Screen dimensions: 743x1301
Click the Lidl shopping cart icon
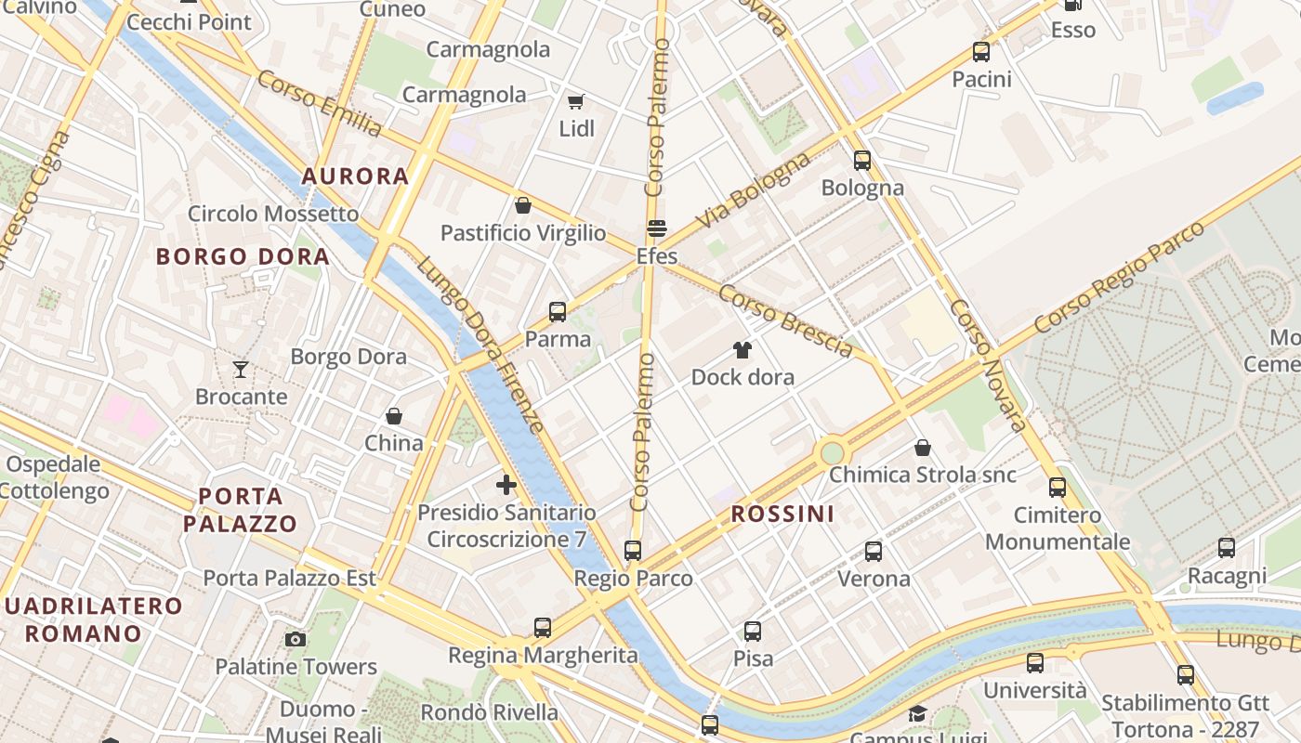[576, 100]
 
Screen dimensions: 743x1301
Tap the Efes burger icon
[657, 228]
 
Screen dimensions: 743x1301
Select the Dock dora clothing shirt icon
[742, 350]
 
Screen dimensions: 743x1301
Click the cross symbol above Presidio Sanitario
[506, 484]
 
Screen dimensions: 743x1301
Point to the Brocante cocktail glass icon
[241, 370]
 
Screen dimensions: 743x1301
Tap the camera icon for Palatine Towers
[296, 639]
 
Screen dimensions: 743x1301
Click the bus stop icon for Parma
[558, 312]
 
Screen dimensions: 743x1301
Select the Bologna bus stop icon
[862, 161]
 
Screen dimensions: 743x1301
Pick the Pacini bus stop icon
[981, 52]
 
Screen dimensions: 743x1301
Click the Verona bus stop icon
[874, 552]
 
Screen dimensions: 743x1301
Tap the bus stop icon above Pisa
[753, 632]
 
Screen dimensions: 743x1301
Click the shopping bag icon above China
[394, 415]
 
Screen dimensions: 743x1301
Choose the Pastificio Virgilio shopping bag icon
[523, 205]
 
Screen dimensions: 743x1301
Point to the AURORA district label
[356, 176]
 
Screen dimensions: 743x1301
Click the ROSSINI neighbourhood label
[782, 514]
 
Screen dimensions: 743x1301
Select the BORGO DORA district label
[243, 256]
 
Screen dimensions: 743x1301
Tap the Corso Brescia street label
[786, 320]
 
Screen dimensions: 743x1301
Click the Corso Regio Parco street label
[1119, 277]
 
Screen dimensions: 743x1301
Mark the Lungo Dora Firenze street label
[480, 345]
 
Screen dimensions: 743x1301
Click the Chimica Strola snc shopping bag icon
[923, 448]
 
